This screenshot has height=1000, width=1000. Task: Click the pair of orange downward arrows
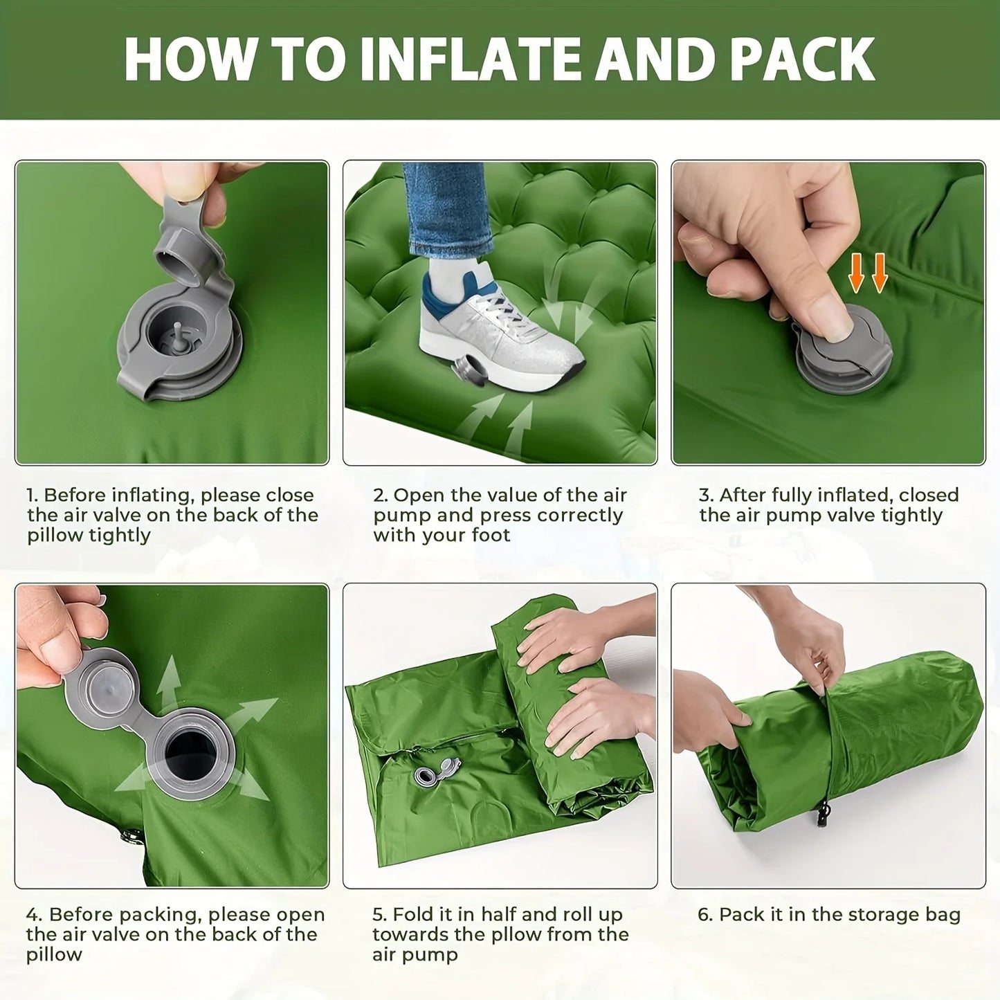(x=868, y=273)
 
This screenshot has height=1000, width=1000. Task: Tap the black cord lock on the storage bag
(x=823, y=814)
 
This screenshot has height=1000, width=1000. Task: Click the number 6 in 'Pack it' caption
(x=704, y=915)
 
